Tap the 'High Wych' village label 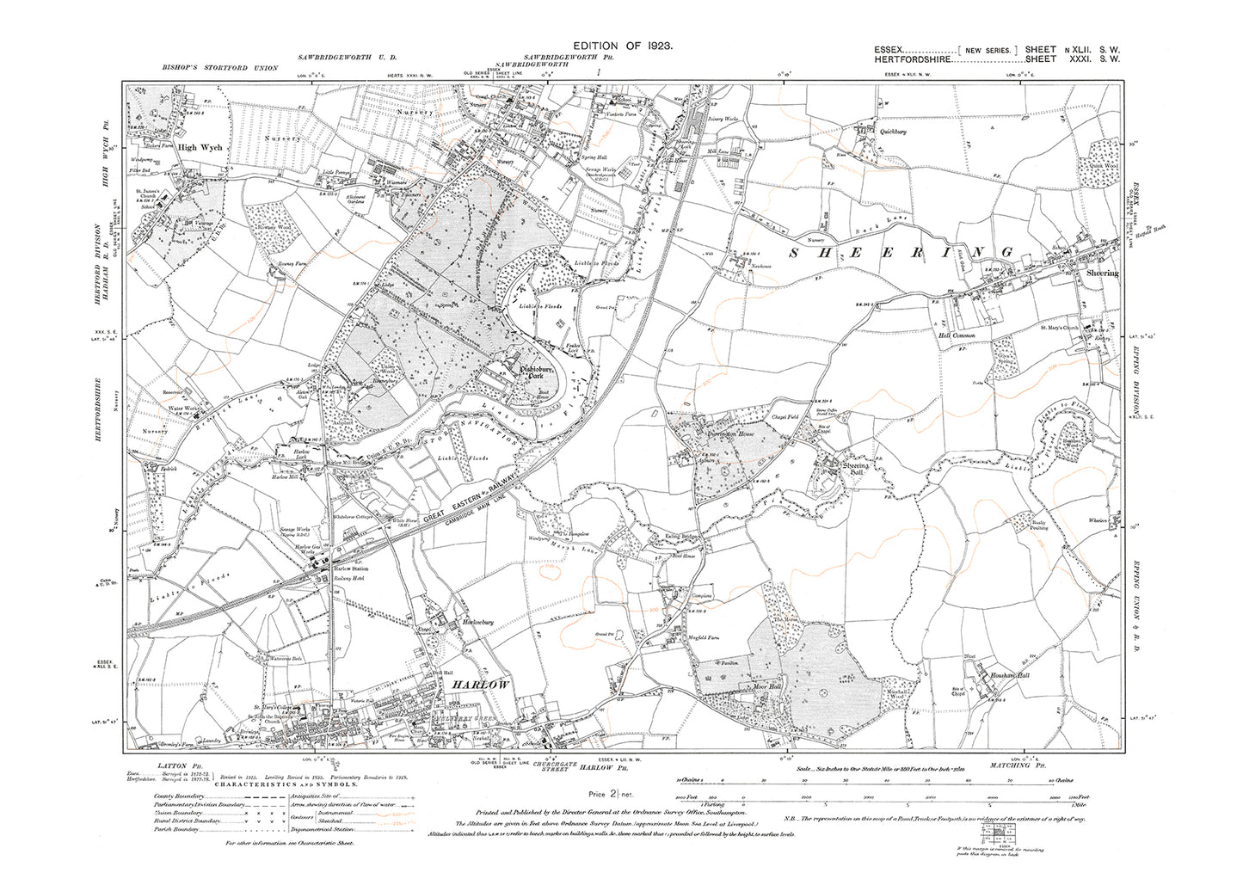tap(200, 147)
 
